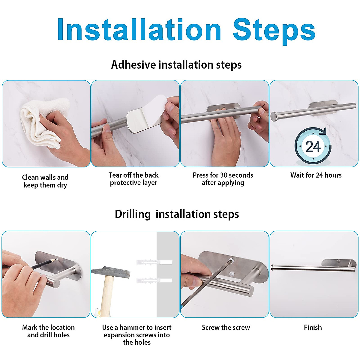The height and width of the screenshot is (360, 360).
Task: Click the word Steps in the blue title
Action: point(274,31)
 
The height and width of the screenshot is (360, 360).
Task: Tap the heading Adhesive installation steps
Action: point(176,65)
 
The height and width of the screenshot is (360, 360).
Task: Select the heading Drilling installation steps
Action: point(177,214)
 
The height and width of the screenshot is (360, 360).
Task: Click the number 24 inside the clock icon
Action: point(313,147)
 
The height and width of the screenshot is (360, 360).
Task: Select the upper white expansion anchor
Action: point(154,262)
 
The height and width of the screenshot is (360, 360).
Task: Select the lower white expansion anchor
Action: point(154,280)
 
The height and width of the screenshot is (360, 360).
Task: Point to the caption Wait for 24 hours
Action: point(316,175)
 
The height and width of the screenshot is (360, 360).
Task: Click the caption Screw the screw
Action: point(226,328)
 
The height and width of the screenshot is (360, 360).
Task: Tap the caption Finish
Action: point(313,328)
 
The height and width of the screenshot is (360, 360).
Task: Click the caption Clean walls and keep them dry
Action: point(45,181)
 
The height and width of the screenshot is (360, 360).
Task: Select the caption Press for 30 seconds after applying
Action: point(223,179)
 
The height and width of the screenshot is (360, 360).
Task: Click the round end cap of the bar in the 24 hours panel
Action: point(274,117)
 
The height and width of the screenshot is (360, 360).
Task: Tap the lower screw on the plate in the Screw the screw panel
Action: point(232,274)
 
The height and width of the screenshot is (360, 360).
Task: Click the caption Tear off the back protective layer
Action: point(133,179)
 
